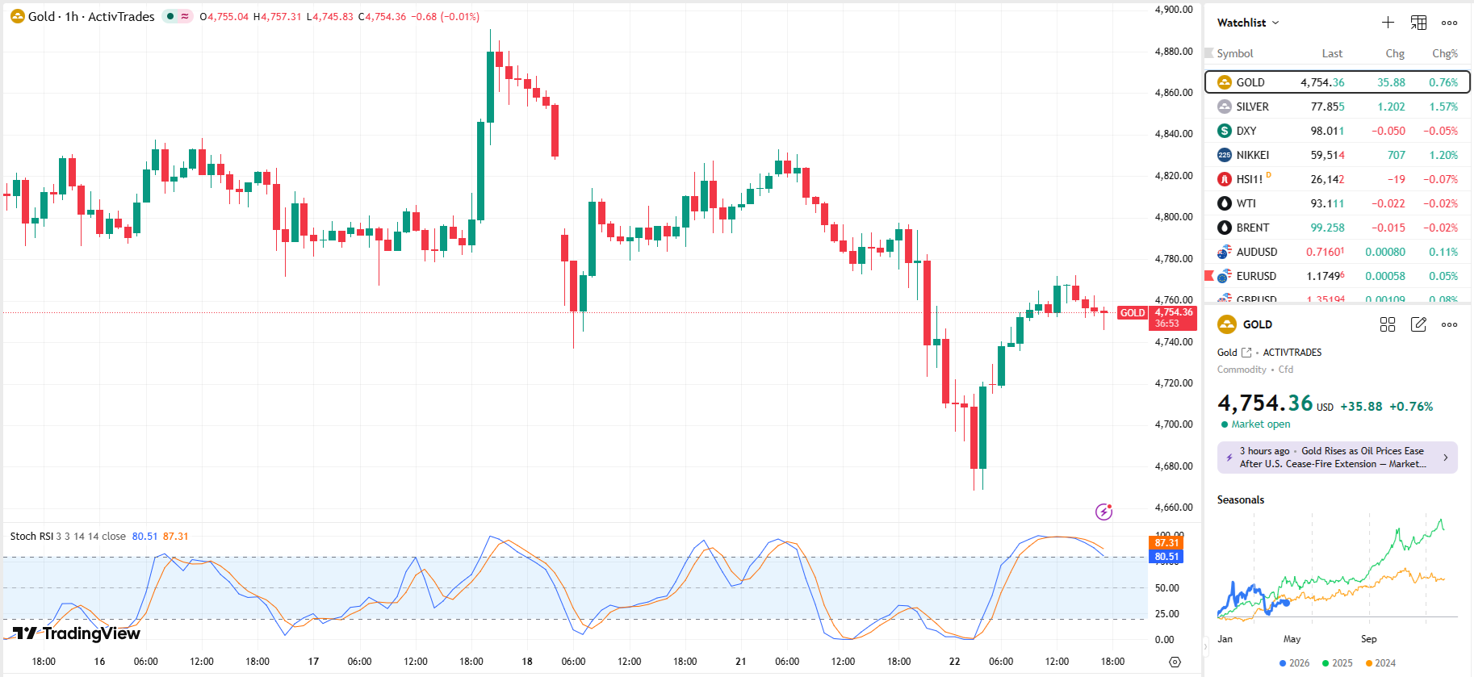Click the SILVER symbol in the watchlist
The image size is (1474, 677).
[x=1252, y=107]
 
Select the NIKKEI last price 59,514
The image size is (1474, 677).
[x=1327, y=155]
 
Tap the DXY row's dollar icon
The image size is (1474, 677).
[x=1225, y=131]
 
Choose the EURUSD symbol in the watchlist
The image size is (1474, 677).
[x=1256, y=276]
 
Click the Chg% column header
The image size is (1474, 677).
[x=1444, y=53]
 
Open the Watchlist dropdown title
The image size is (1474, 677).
[x=1248, y=23]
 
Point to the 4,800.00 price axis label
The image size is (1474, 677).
[x=1174, y=217]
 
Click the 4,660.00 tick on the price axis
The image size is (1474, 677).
[x=1174, y=508]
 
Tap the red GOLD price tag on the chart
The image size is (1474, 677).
[x=1132, y=313]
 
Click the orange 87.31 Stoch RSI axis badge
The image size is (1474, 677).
[x=1166, y=543]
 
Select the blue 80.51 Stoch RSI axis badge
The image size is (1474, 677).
[x=1166, y=557]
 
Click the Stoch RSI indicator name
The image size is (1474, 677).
[x=31, y=537]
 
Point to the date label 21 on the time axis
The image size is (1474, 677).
[x=741, y=662]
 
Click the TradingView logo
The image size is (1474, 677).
[x=77, y=633]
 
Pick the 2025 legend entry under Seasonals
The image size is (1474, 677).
[x=1338, y=663]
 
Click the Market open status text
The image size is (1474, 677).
[x=1260, y=424]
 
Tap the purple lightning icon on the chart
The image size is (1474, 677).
[x=1103, y=512]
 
